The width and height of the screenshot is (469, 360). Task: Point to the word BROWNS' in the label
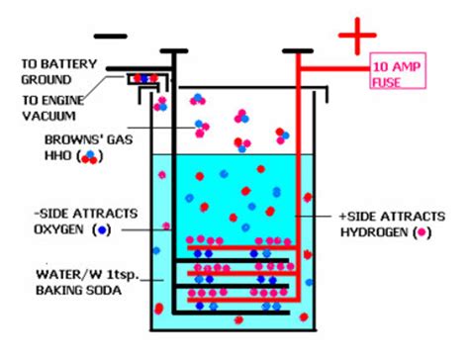pyautogui.click(x=53, y=140)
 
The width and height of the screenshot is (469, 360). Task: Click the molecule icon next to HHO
pyautogui.click(x=91, y=155)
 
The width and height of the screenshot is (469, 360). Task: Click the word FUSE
pyautogui.click(x=387, y=80)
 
